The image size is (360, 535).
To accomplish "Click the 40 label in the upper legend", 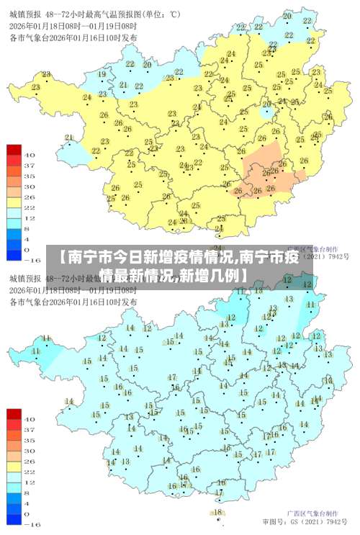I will tap(30, 154).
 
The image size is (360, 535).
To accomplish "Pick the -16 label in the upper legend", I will tap(32, 258).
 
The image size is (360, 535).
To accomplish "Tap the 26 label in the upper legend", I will tap(30, 196).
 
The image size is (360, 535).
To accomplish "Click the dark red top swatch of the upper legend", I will tap(14, 150).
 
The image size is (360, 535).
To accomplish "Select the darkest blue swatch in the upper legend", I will tap(14, 253).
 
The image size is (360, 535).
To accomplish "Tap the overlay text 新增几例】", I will tap(213, 275).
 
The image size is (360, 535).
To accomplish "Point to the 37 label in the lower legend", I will tap(30, 429).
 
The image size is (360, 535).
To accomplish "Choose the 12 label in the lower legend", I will tap(30, 482).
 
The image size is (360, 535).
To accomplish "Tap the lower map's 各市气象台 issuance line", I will tap(73, 302).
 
